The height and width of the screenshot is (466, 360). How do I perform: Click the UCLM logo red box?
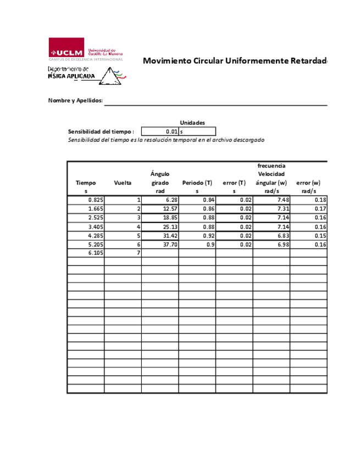pyautogui.click(x=66, y=47)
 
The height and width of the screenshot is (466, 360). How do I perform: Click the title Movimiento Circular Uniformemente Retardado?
pyautogui.click(x=235, y=60)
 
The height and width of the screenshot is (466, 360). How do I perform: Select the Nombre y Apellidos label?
pyautogui.click(x=75, y=101)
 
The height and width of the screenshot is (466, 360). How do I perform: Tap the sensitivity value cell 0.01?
pyautogui.click(x=160, y=131)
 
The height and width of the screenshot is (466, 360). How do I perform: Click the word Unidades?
pyautogui.click(x=192, y=123)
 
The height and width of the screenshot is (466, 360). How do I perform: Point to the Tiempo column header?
pyautogui.click(x=86, y=182)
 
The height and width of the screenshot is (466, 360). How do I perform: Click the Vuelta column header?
pyautogui.click(x=123, y=182)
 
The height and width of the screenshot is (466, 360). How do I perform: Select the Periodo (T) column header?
pyautogui.click(x=197, y=182)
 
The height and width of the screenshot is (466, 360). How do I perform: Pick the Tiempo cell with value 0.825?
pyautogui.click(x=86, y=200)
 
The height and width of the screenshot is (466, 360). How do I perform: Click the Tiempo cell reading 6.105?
pyautogui.click(x=86, y=253)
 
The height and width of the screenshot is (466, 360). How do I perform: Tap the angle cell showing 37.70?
pyautogui.click(x=160, y=244)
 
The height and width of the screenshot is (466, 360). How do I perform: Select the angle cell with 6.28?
pyautogui.click(x=160, y=200)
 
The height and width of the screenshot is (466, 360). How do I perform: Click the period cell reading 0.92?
pyautogui.click(x=197, y=235)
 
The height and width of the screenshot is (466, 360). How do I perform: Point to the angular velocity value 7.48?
pyautogui.click(x=272, y=200)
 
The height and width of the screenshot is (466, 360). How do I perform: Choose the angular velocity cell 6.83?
pyautogui.click(x=272, y=235)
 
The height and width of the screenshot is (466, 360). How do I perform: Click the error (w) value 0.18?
pyautogui.click(x=309, y=200)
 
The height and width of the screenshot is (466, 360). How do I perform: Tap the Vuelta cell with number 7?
pyautogui.click(x=123, y=253)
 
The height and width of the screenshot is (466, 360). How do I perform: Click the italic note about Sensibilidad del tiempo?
pyautogui.click(x=166, y=140)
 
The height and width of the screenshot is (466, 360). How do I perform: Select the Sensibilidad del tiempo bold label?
pyautogui.click(x=101, y=132)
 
